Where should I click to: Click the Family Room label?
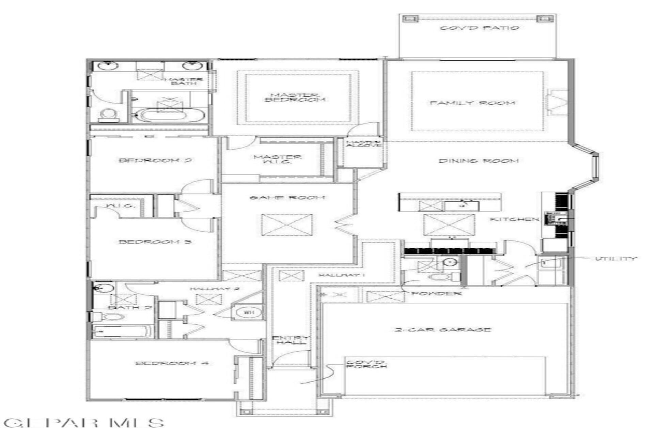point(472,103)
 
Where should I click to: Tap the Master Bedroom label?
point(295,97)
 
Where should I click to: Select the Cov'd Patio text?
point(480,28)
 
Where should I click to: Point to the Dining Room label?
point(479,161)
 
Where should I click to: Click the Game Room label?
point(287,198)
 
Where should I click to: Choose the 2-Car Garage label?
point(443,330)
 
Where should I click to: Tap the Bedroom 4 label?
point(172,363)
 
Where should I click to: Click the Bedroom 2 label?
point(155,160)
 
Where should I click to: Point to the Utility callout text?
point(616,259)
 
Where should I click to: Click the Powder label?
point(436,293)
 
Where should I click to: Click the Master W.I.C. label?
point(277,159)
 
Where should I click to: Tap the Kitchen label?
point(514,219)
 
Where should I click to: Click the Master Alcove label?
point(363,144)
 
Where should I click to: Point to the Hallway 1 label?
point(342,275)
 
